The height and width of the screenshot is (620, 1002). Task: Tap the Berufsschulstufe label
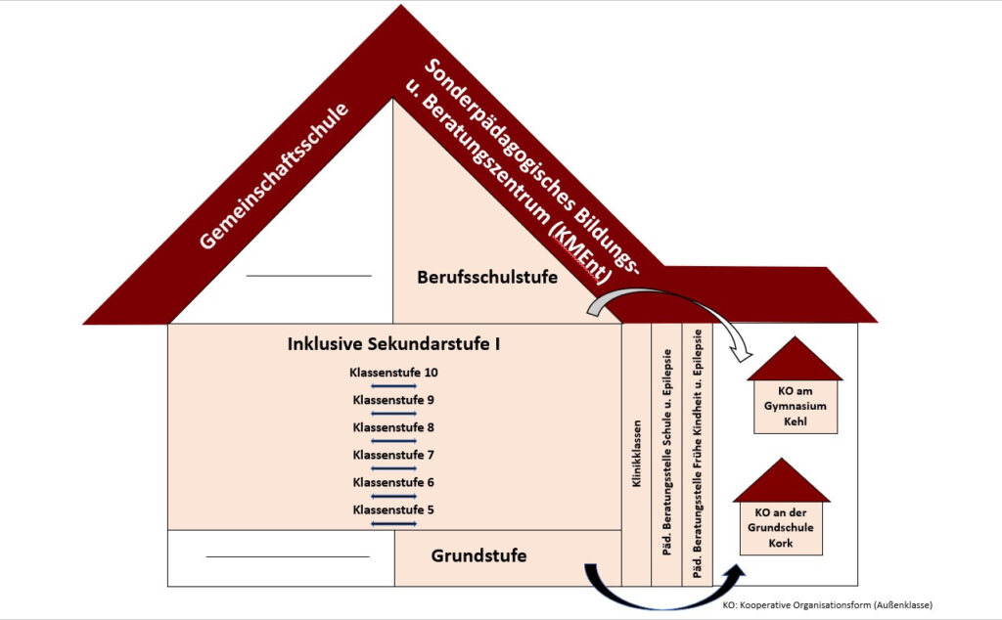pos(486,277)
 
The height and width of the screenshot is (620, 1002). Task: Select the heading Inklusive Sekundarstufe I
pos(394,344)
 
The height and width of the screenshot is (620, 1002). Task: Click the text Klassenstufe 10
pos(394,373)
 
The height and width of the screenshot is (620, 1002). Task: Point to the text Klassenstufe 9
pos(393,400)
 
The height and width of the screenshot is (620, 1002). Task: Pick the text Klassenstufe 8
pos(393,427)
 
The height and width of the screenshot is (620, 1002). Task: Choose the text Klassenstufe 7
pos(393,455)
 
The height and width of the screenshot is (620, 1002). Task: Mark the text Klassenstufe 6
pos(393,482)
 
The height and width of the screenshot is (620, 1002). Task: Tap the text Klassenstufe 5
pos(393,509)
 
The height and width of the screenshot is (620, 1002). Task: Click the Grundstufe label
pos(478,555)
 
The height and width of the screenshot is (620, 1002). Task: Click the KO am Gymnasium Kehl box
pos(795,406)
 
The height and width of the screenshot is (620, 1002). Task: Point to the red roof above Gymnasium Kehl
pos(795,361)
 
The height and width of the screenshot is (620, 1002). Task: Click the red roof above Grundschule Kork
pos(782,482)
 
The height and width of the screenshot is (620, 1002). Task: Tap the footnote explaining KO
pos(827,605)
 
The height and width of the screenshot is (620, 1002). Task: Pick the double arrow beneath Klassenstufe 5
pos(393,524)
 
